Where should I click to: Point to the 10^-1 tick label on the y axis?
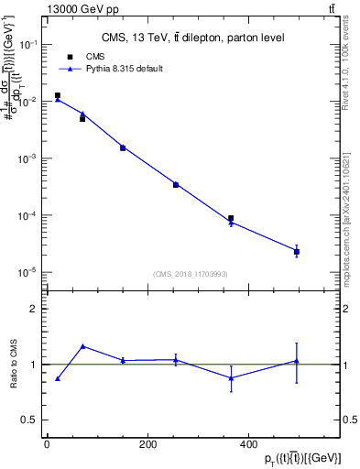click(x=29, y=44)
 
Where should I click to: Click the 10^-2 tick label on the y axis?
click(x=29, y=102)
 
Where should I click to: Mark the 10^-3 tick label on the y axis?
click(x=29, y=158)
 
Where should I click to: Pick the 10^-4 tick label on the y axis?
click(x=29, y=216)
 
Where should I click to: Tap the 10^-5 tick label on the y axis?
click(x=29, y=273)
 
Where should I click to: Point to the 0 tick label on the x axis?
click(x=47, y=444)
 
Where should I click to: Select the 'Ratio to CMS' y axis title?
click(x=15, y=364)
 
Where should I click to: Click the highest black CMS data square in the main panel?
click(x=58, y=95)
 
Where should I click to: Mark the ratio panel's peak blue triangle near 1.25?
click(x=82, y=346)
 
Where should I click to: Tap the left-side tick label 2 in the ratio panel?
click(x=33, y=309)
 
